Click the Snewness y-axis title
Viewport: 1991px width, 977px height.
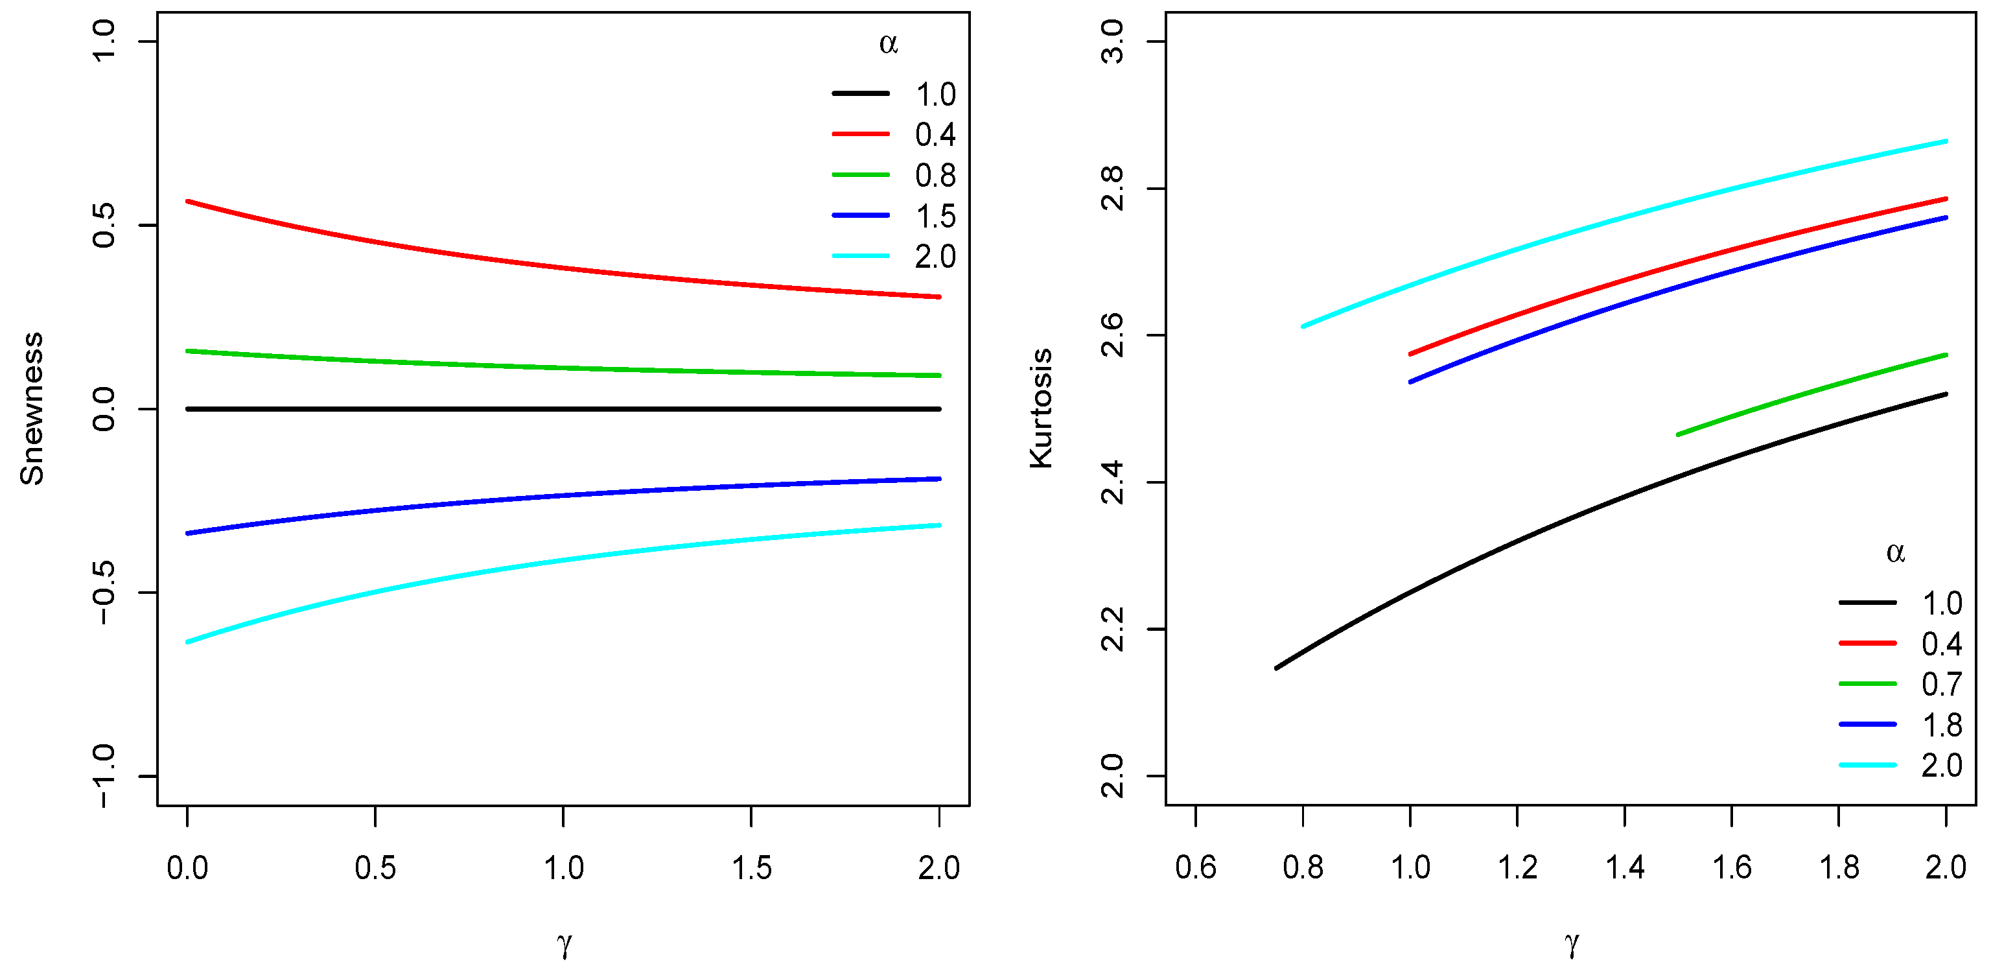pyautogui.click(x=32, y=408)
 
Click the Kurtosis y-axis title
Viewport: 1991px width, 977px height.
pyautogui.click(x=1041, y=408)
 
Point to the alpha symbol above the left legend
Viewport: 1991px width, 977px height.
pyautogui.click(x=888, y=43)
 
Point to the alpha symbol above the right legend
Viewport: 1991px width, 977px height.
pyautogui.click(x=1895, y=552)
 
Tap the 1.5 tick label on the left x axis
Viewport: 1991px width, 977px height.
pyautogui.click(x=751, y=868)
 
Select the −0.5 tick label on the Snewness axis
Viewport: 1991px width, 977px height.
pyautogui.click(x=103, y=593)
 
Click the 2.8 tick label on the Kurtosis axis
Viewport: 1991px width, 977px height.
pyautogui.click(x=1112, y=188)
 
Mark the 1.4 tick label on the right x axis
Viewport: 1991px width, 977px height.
pyautogui.click(x=1625, y=868)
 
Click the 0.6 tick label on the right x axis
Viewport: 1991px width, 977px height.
pyautogui.click(x=1196, y=868)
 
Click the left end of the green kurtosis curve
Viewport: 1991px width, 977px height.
pyautogui.click(x=1678, y=434)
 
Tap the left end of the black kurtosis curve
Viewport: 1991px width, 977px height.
pyautogui.click(x=1277, y=668)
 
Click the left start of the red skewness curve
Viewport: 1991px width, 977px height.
pyautogui.click(x=189, y=202)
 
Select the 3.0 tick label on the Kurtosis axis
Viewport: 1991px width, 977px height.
pyautogui.click(x=1112, y=41)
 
